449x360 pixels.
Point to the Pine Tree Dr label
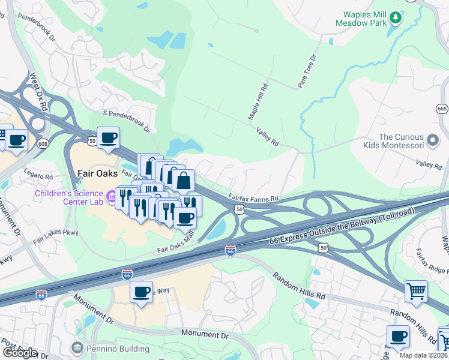click(x=306, y=71)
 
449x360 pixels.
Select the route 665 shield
click(x=442, y=109)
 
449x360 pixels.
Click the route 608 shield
click(x=43, y=144)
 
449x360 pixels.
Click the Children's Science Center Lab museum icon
click(x=111, y=196)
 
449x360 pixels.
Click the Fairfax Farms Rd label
click(x=253, y=196)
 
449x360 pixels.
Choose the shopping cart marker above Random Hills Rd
click(x=416, y=291)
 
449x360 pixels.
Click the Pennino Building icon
click(x=76, y=347)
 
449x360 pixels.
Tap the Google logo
click(x=19, y=353)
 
